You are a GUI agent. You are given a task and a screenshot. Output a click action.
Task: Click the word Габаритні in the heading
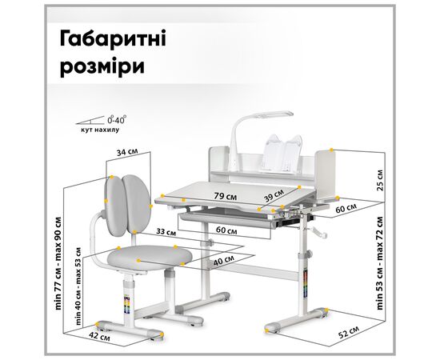point(113,38)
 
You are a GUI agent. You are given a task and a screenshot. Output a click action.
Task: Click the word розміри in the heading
point(102,66)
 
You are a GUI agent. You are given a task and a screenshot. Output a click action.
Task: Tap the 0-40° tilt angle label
point(117,120)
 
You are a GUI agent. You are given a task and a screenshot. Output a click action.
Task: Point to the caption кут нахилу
point(100,130)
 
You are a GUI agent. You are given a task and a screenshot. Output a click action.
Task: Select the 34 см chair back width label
point(127,152)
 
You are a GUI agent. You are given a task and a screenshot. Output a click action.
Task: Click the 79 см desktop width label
point(225,196)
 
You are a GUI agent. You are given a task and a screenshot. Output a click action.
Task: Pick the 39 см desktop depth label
point(274,195)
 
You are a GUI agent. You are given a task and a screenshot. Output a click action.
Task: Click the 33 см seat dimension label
point(166,232)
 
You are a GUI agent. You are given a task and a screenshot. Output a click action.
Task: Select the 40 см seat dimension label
point(224,261)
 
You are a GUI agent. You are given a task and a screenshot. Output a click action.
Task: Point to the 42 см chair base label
point(99,336)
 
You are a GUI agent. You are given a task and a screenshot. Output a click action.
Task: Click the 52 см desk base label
point(349,332)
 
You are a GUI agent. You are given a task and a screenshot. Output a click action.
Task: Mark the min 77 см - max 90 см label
point(58,263)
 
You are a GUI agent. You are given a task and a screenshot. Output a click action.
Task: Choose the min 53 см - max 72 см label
point(380,263)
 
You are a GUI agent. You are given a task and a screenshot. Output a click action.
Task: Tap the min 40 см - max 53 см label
point(78,286)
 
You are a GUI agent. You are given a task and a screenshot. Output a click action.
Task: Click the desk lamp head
point(275,115)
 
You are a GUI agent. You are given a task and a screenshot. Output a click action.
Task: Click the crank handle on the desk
point(318,232)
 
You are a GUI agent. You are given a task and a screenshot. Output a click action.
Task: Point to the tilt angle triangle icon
point(90,120)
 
